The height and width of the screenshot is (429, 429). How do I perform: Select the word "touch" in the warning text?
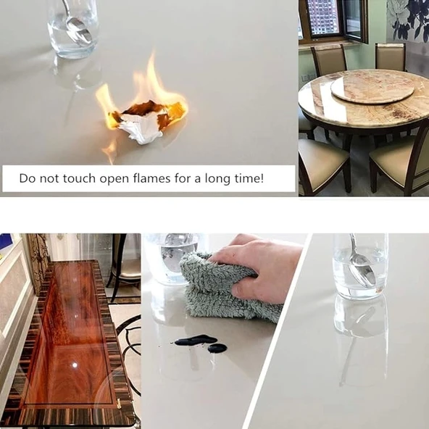coord(79,178)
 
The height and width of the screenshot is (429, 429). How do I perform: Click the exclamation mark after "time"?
coord(262,178)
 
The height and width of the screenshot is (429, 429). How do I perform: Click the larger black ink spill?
coord(196,340)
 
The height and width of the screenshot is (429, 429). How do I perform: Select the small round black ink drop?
coord(217,348)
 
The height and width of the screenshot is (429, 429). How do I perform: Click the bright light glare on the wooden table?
coord(75,365)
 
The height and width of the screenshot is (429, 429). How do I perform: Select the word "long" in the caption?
coord(217,179)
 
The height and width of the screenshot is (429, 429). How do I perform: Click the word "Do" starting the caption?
coord(27,178)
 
